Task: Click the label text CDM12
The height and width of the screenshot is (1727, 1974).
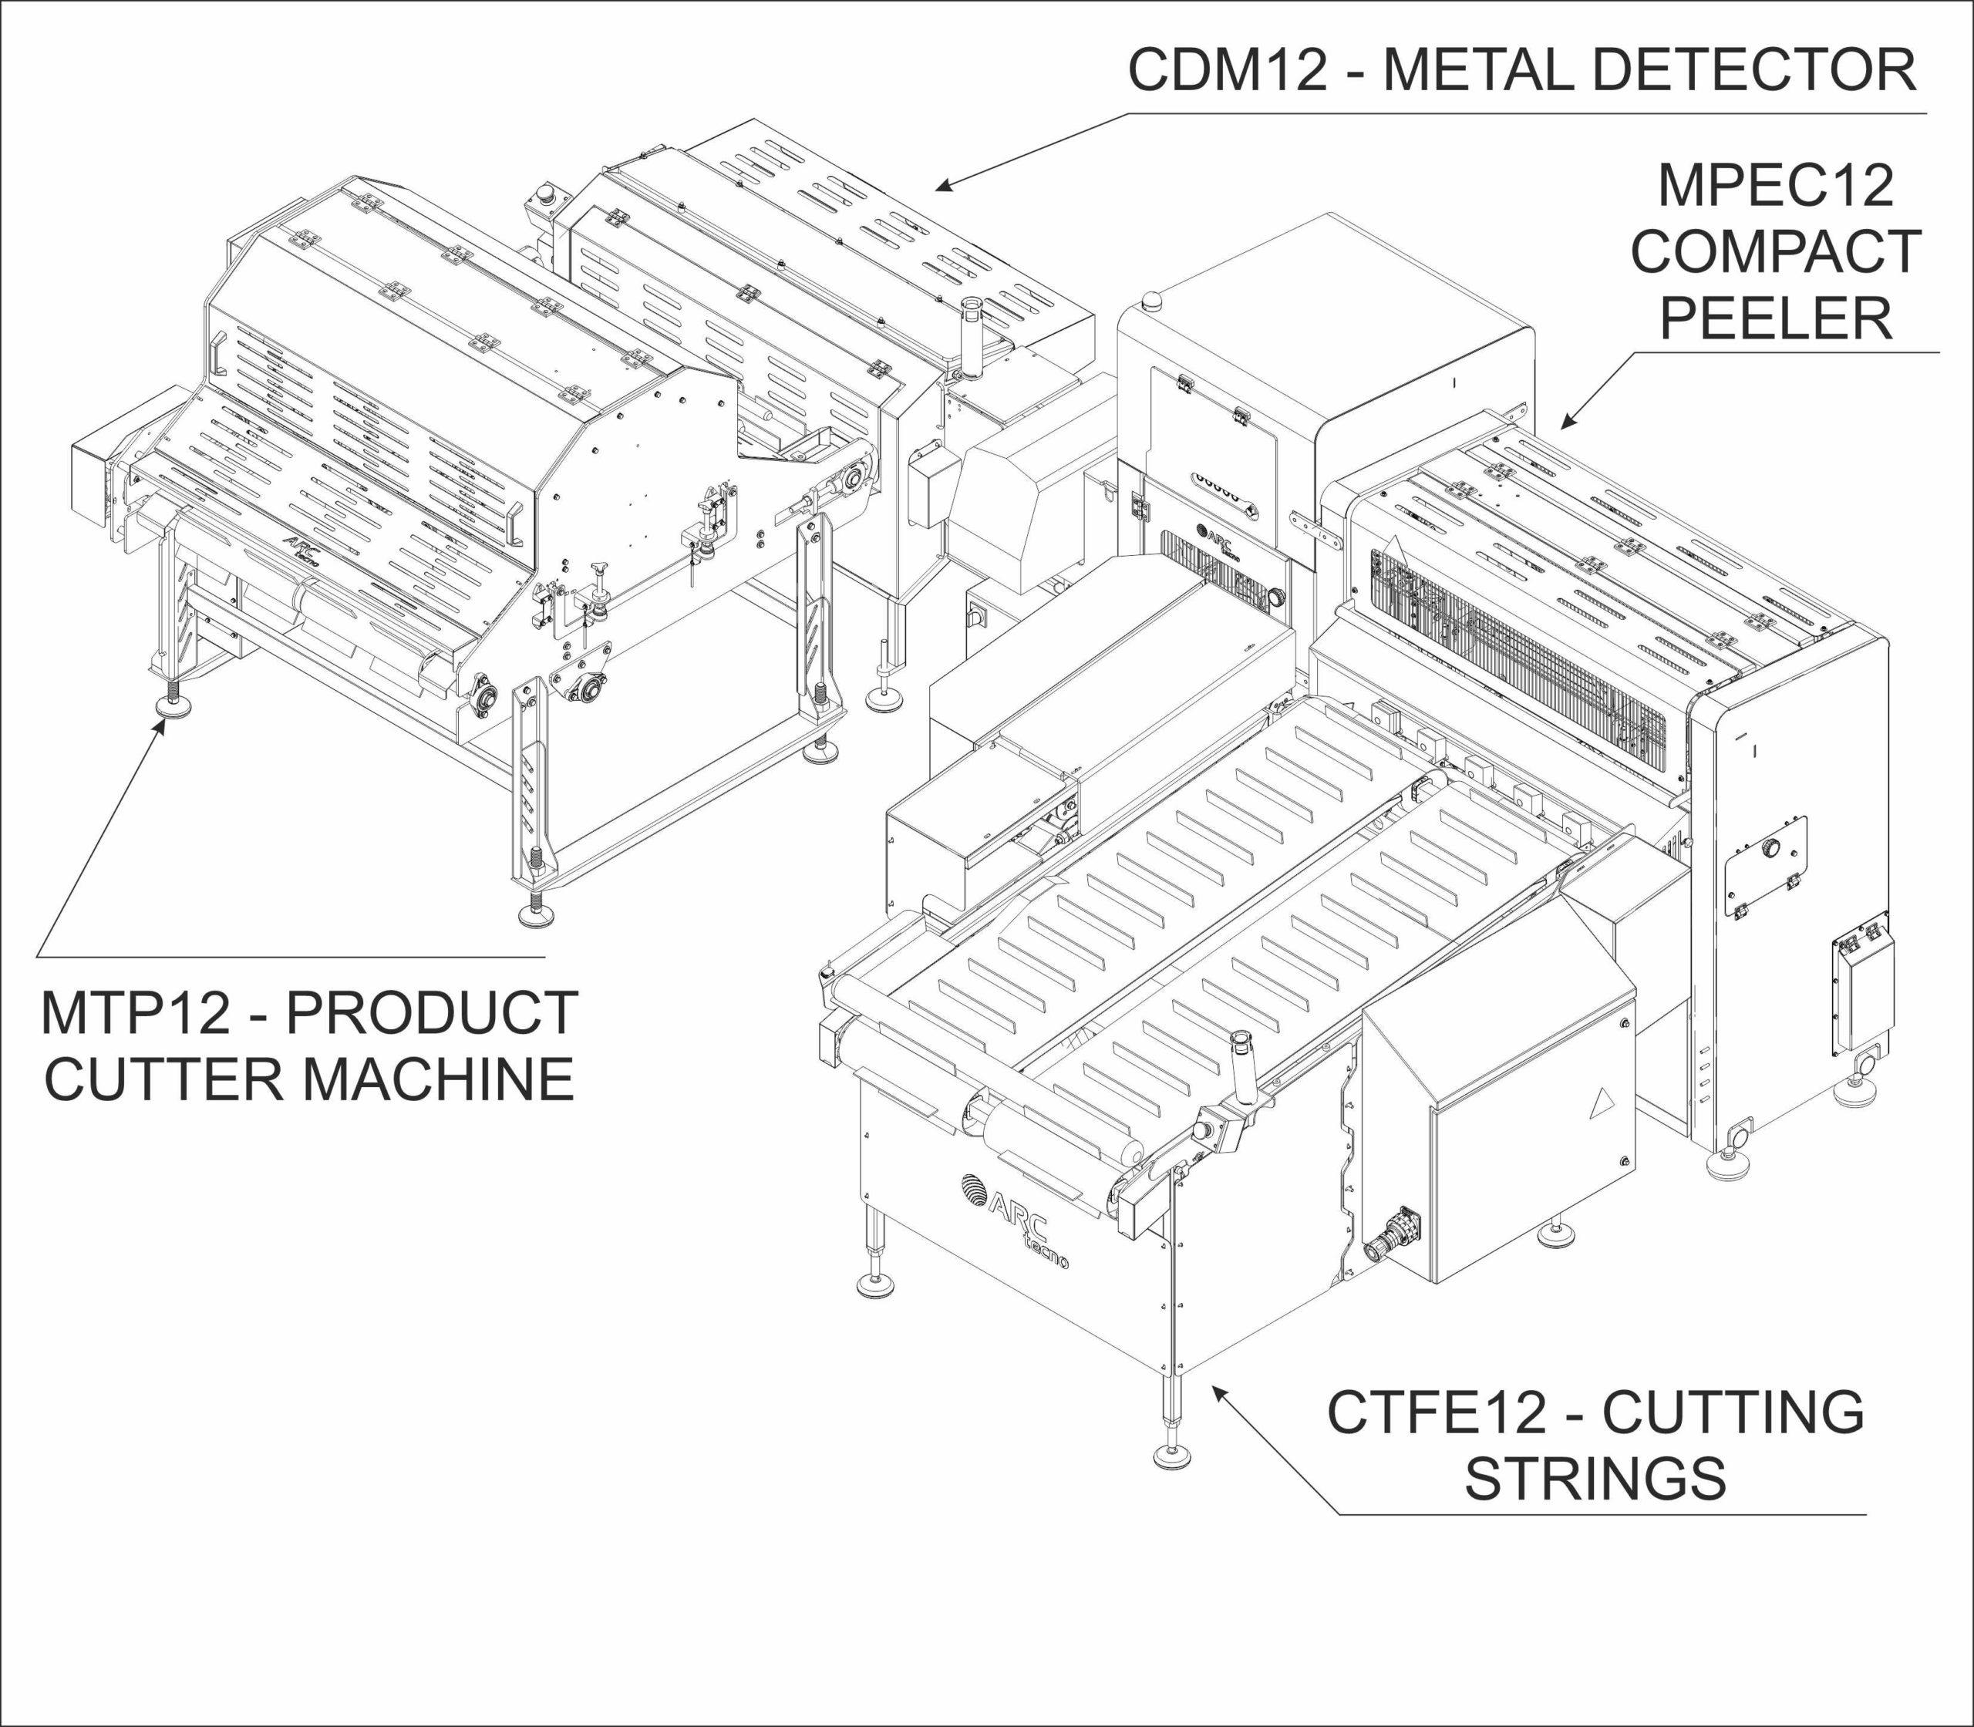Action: point(1227,70)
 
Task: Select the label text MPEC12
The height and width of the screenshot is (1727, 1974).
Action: point(1775,186)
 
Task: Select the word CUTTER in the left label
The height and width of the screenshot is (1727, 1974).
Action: point(163,1079)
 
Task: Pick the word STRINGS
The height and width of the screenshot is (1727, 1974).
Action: point(1595,1479)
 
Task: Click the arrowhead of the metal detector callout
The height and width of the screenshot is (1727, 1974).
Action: point(940,186)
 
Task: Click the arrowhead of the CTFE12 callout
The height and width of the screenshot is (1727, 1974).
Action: point(1218,1389)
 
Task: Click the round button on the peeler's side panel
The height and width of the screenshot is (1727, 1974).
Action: point(1770,847)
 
